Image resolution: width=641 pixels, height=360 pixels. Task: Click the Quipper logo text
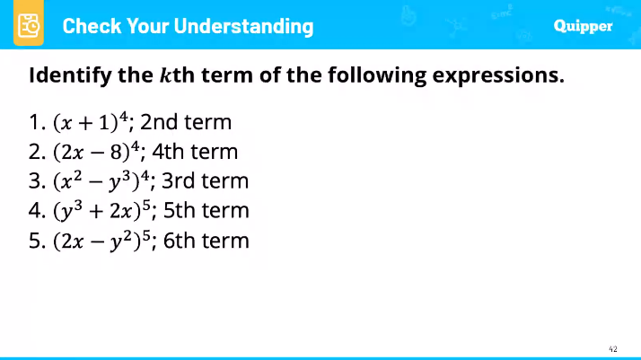(583, 25)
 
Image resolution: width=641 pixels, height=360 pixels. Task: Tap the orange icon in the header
(29, 25)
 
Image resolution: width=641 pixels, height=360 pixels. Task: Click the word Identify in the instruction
(64, 75)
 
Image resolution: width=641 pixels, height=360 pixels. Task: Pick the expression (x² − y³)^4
(101, 182)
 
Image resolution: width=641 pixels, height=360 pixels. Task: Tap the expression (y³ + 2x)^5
(101, 212)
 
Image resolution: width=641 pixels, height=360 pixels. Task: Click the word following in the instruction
(375, 75)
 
